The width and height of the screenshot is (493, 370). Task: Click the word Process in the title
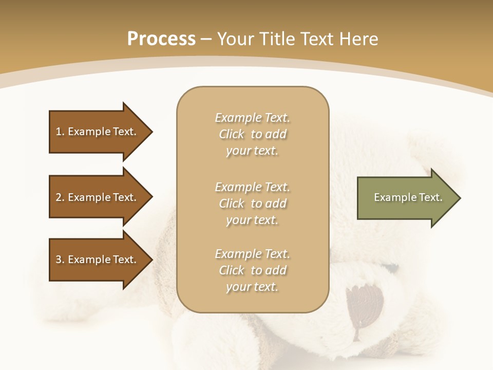tap(161, 39)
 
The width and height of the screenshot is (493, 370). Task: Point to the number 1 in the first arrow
tap(59, 132)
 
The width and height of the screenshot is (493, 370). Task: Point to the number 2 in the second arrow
tap(59, 198)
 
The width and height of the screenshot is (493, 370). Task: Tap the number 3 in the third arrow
tap(59, 260)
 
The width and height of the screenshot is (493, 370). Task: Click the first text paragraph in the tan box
tap(252, 134)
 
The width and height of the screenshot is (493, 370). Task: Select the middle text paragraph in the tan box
tap(252, 203)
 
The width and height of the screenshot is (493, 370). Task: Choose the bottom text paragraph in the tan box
tap(252, 270)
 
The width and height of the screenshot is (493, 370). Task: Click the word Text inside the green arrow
tap(430, 197)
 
